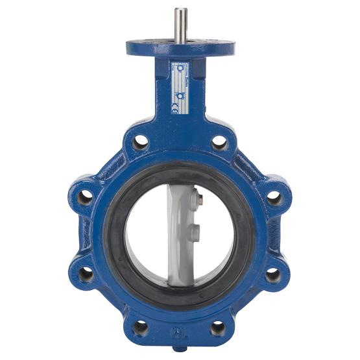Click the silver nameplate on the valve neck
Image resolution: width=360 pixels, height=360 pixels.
click(177, 88)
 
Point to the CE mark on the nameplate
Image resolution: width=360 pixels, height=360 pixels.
click(177, 108)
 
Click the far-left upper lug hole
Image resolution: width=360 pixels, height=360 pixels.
click(86, 197)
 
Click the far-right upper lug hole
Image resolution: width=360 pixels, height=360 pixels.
click(274, 197)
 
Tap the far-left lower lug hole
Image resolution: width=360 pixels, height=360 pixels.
click(86, 274)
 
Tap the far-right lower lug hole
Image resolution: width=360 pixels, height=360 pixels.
click(274, 274)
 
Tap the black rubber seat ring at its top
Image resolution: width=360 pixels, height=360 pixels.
click(180, 170)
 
